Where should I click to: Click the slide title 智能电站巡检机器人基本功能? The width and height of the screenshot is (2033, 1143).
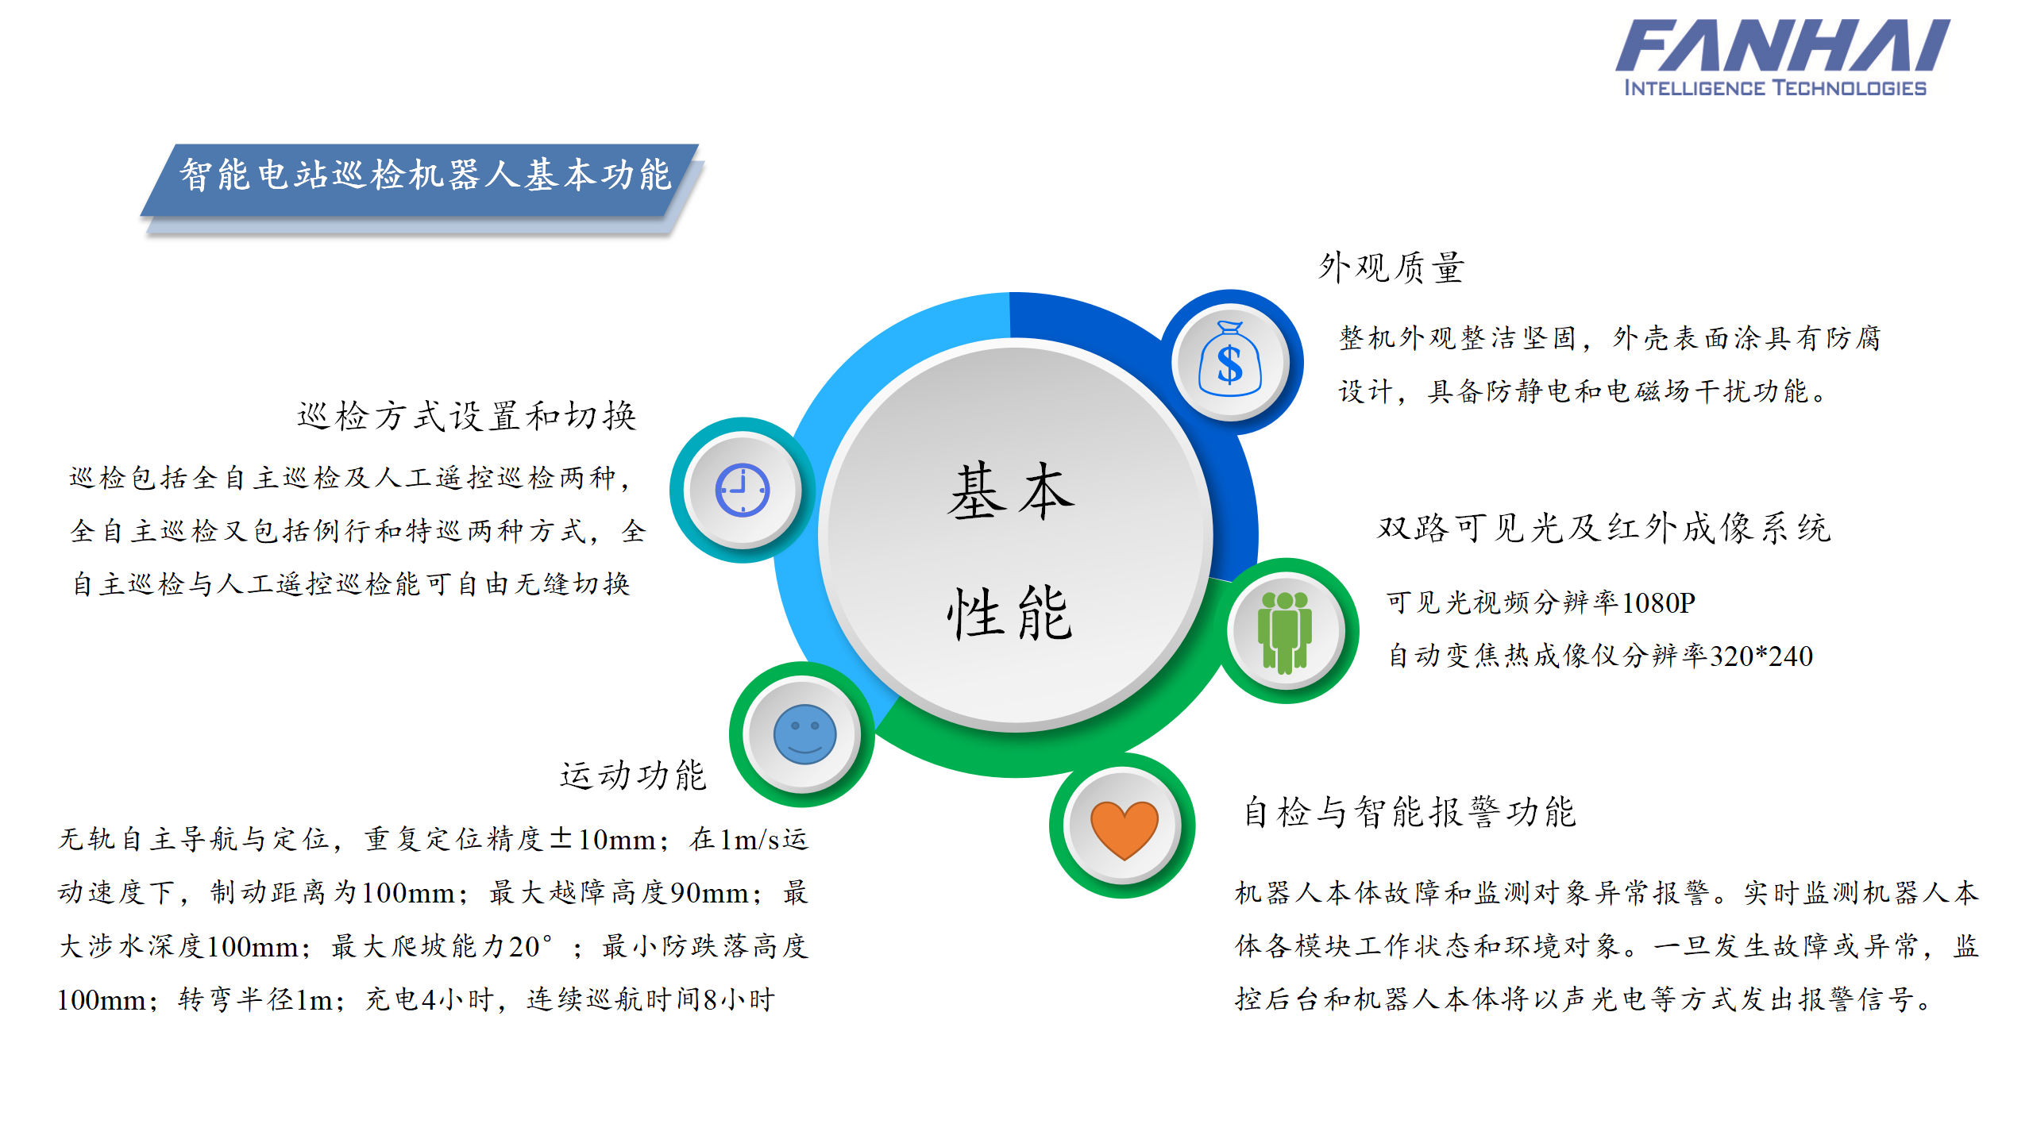click(425, 175)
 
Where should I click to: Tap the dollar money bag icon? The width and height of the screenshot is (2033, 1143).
click(1229, 361)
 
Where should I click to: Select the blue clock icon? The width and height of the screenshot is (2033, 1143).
click(743, 491)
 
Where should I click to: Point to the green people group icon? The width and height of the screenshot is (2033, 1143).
click(1285, 632)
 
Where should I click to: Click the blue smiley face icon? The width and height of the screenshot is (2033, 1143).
click(804, 734)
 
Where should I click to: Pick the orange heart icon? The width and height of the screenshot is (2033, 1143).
click(1124, 827)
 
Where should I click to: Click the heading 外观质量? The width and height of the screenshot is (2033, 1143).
click(1392, 268)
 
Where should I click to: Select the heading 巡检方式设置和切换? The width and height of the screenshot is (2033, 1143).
click(467, 416)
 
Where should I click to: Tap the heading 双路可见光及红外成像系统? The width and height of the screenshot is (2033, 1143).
click(1604, 529)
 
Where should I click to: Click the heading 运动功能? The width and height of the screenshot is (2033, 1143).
click(633, 775)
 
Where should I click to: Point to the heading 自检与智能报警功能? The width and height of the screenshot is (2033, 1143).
click(1410, 812)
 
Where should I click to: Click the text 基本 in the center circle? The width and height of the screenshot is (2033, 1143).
click(1011, 492)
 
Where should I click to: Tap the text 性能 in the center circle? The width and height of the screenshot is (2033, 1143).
click(1010, 614)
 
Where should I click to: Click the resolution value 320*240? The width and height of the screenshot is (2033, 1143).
click(1761, 656)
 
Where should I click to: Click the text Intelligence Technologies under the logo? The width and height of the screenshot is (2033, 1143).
click(1775, 88)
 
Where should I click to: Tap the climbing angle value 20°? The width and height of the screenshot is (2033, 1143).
click(530, 946)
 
